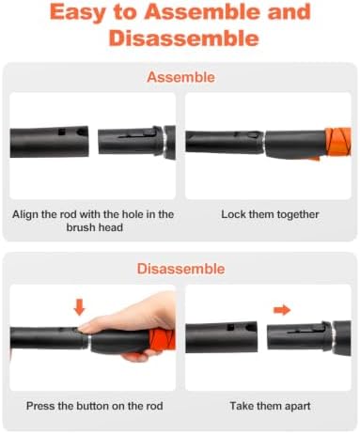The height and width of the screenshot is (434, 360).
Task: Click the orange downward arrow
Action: (79, 307)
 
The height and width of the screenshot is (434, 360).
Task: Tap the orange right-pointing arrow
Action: (282, 310)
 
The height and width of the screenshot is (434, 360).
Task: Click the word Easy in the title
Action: (76, 12)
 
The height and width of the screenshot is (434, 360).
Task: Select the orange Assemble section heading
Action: (180, 77)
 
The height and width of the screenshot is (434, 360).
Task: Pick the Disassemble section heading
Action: (180, 269)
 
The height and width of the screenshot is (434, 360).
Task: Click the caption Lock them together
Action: (270, 214)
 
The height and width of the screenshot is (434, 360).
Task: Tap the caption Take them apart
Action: (270, 406)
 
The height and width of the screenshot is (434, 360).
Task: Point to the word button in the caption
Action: (92, 406)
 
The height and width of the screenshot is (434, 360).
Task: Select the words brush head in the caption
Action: (94, 227)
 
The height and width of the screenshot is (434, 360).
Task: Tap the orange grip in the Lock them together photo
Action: (337, 143)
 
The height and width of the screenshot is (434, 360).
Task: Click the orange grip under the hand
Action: (161, 339)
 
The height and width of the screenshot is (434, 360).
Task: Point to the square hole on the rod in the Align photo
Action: (62, 132)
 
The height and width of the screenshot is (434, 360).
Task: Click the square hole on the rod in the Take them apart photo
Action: (230, 327)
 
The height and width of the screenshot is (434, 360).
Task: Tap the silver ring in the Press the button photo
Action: (89, 340)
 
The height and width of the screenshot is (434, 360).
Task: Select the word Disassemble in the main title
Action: (183, 39)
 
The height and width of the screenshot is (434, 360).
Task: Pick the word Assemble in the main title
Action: (202, 12)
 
